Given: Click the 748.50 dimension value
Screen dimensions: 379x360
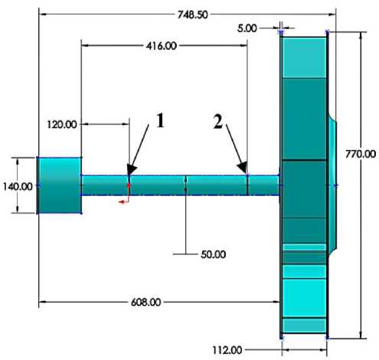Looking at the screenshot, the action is (193, 15).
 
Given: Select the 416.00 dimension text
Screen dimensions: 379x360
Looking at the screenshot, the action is (162, 46).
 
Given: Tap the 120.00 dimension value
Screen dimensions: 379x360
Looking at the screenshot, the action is (62, 125).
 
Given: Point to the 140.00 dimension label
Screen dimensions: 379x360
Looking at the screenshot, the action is (18, 187).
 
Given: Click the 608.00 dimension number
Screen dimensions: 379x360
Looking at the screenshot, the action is (146, 303).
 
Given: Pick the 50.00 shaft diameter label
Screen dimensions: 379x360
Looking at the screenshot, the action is (214, 254).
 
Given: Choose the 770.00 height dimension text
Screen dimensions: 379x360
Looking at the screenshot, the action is (361, 154).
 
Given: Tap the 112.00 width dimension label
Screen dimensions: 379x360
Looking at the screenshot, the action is (227, 350).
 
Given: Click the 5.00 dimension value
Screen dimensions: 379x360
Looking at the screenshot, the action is (247, 28).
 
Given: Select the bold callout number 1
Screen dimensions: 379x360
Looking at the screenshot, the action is (160, 120).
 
